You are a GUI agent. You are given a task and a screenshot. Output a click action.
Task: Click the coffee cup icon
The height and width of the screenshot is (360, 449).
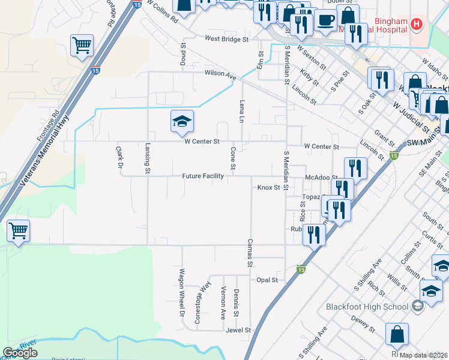pyautogui.click(x=326, y=20)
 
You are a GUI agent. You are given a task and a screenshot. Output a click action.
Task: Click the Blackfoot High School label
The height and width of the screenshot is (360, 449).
pyautogui.click(x=367, y=307)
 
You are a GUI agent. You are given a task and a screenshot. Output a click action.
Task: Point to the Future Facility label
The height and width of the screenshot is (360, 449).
pyautogui.click(x=203, y=176)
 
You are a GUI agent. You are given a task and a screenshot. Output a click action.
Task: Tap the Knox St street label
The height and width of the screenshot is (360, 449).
pyautogui.click(x=269, y=187)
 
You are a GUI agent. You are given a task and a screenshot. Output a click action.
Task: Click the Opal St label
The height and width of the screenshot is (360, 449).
pyautogui.click(x=267, y=280)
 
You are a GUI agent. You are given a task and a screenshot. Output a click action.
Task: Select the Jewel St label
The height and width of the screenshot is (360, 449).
pyautogui.click(x=238, y=330)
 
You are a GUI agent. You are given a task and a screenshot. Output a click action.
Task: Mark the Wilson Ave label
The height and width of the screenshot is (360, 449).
pyautogui.click(x=220, y=76)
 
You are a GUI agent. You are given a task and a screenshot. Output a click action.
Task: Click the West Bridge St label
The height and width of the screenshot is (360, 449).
pyautogui.click(x=226, y=39)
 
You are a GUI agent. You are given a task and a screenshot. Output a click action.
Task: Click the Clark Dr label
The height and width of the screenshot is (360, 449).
pyautogui.click(x=119, y=157)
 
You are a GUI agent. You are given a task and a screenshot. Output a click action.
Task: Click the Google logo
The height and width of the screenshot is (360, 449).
pyautogui.click(x=20, y=353)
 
